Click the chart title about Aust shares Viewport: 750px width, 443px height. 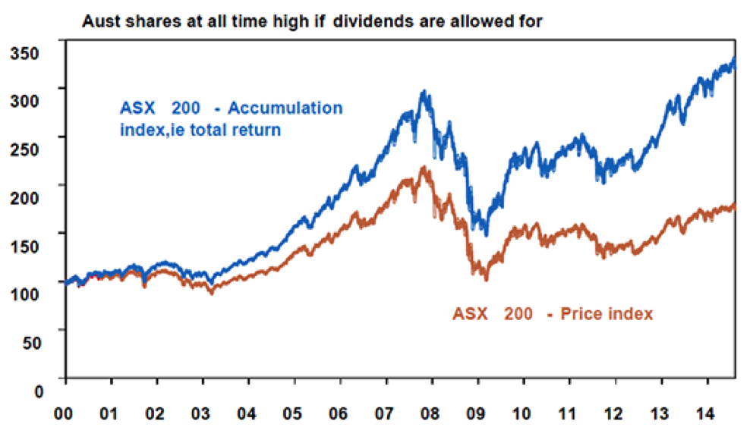(x=312, y=21)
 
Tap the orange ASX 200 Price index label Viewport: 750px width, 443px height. (x=553, y=313)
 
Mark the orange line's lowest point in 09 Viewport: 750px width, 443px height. (x=485, y=278)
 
